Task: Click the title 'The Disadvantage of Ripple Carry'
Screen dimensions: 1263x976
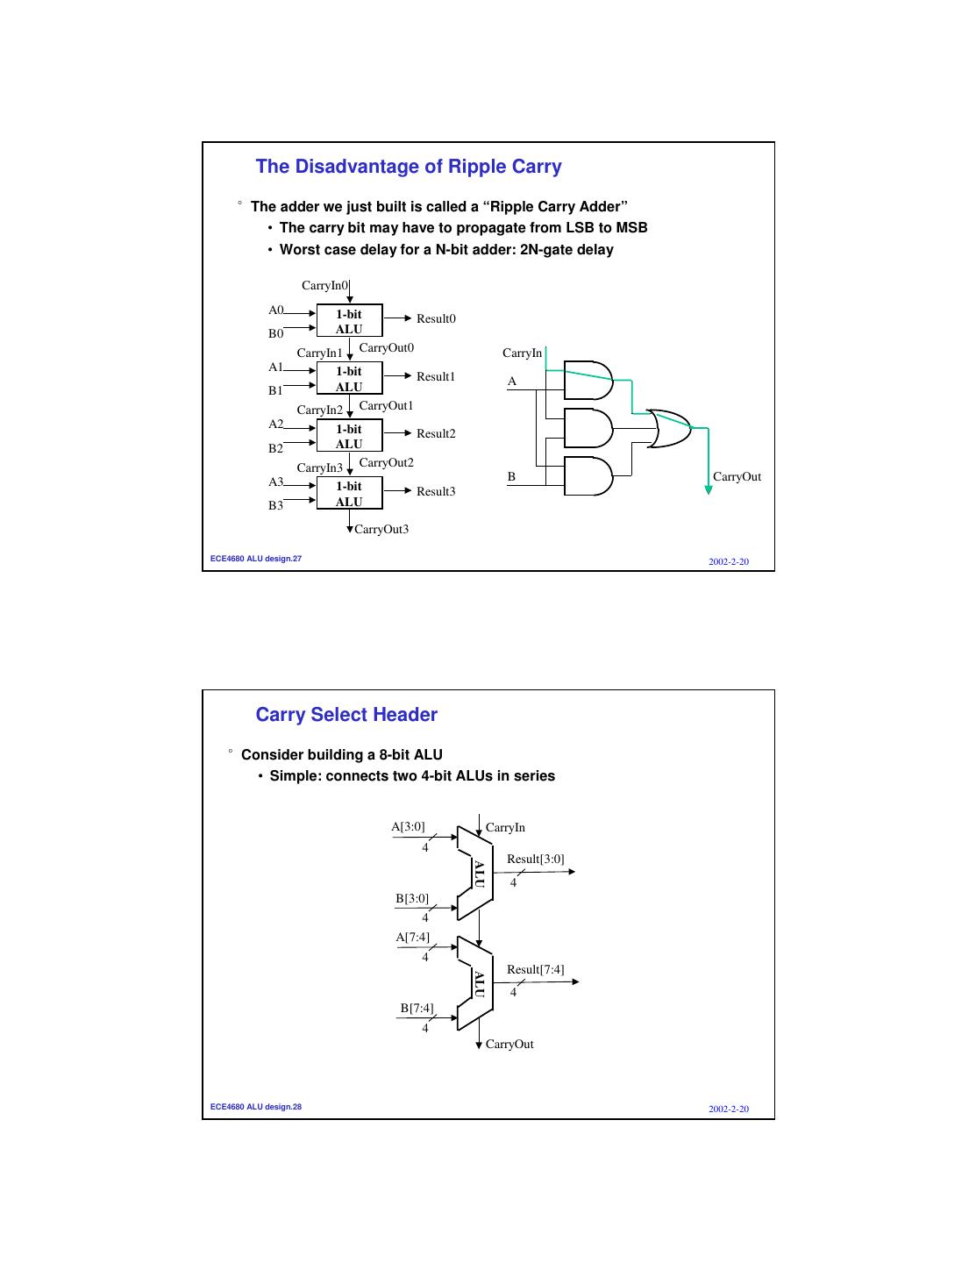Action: tap(409, 167)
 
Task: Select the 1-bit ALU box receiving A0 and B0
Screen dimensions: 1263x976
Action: tap(349, 321)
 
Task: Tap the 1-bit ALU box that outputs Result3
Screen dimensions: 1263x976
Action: tap(349, 494)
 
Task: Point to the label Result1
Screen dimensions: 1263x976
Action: tap(435, 377)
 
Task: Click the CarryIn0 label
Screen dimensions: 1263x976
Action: tap(324, 286)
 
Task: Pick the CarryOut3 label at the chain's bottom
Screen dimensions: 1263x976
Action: tap(381, 530)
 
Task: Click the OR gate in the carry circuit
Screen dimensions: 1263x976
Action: tap(668, 429)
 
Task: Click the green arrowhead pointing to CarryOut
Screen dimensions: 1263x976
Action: tap(709, 489)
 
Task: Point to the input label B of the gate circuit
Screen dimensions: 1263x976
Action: tap(511, 477)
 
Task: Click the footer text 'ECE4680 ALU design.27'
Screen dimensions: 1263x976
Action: tap(256, 559)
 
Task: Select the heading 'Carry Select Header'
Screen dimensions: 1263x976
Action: tap(346, 715)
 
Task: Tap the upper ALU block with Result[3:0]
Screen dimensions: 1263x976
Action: tap(475, 874)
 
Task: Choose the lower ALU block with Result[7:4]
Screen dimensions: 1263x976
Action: tap(475, 983)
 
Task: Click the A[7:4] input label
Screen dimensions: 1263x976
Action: tap(412, 938)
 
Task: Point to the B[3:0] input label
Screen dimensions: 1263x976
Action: tap(412, 899)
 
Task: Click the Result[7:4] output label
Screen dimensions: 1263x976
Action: tap(535, 970)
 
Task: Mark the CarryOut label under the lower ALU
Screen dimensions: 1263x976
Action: tap(509, 1045)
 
